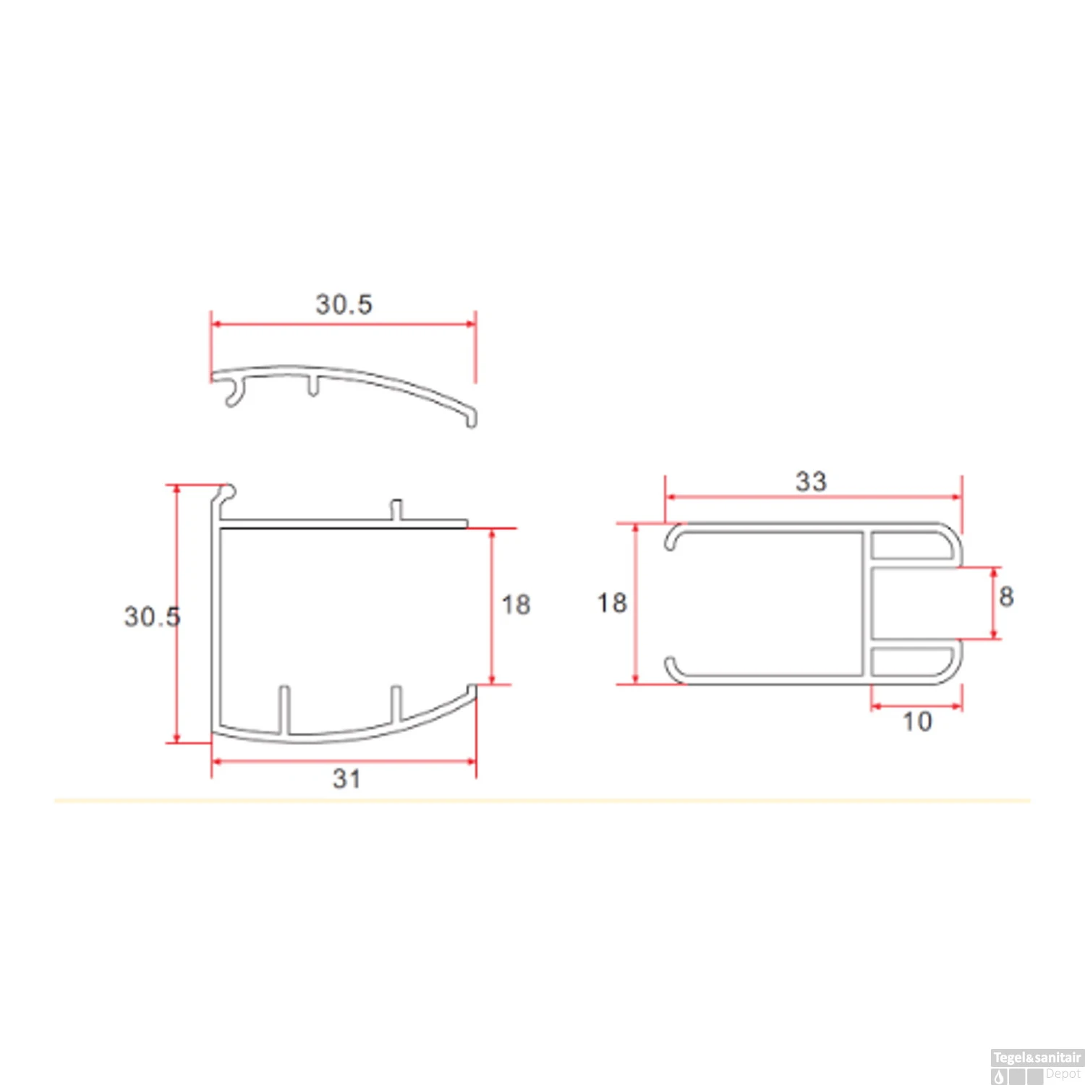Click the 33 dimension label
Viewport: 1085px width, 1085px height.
[811, 481]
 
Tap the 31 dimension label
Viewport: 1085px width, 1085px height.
[346, 778]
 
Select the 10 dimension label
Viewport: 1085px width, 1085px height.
[917, 721]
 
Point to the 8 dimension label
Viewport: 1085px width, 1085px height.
[1006, 597]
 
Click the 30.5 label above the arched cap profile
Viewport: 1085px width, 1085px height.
[344, 304]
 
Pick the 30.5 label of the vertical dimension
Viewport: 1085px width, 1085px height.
[152, 616]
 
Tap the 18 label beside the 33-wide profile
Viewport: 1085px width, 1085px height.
[611, 603]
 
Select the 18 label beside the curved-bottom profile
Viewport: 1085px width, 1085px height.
[516, 605]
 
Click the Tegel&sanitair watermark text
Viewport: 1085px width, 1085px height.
[1037, 1058]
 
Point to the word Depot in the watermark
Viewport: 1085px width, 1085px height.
[1063, 1074]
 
